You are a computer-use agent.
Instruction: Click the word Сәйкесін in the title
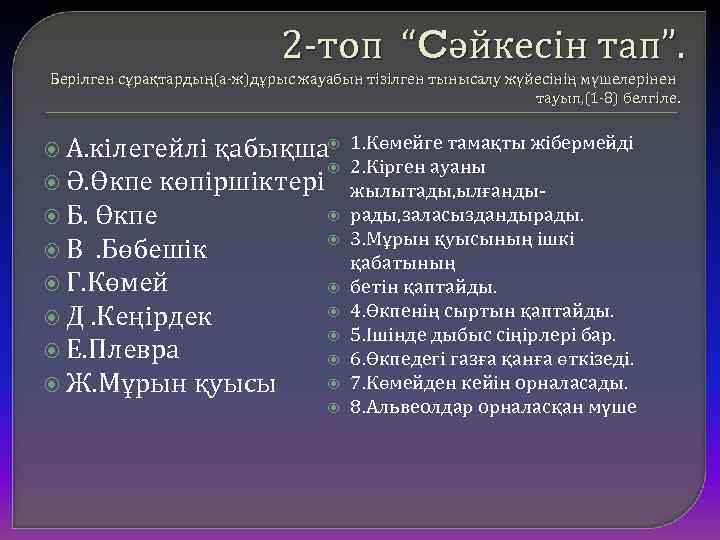(x=497, y=44)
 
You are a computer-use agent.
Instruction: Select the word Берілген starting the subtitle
(x=78, y=78)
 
